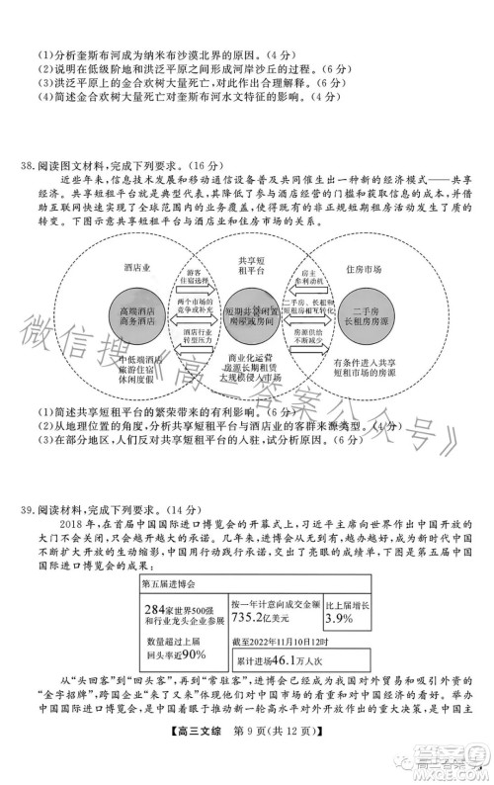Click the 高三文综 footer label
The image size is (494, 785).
188,759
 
